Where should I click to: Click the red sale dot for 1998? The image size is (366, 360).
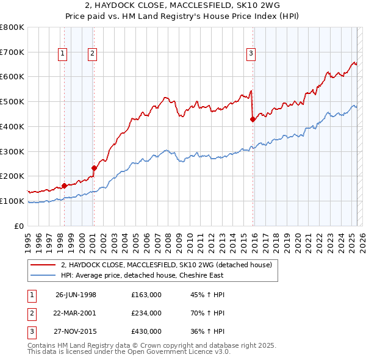coord(64,185)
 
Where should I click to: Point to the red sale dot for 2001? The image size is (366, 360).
coord(94,168)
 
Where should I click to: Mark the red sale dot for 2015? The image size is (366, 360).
coord(253,120)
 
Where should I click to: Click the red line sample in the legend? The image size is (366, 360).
coord(43,265)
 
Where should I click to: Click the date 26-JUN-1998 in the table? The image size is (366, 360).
coord(76,295)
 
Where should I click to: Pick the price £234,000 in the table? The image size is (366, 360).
coord(146,313)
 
